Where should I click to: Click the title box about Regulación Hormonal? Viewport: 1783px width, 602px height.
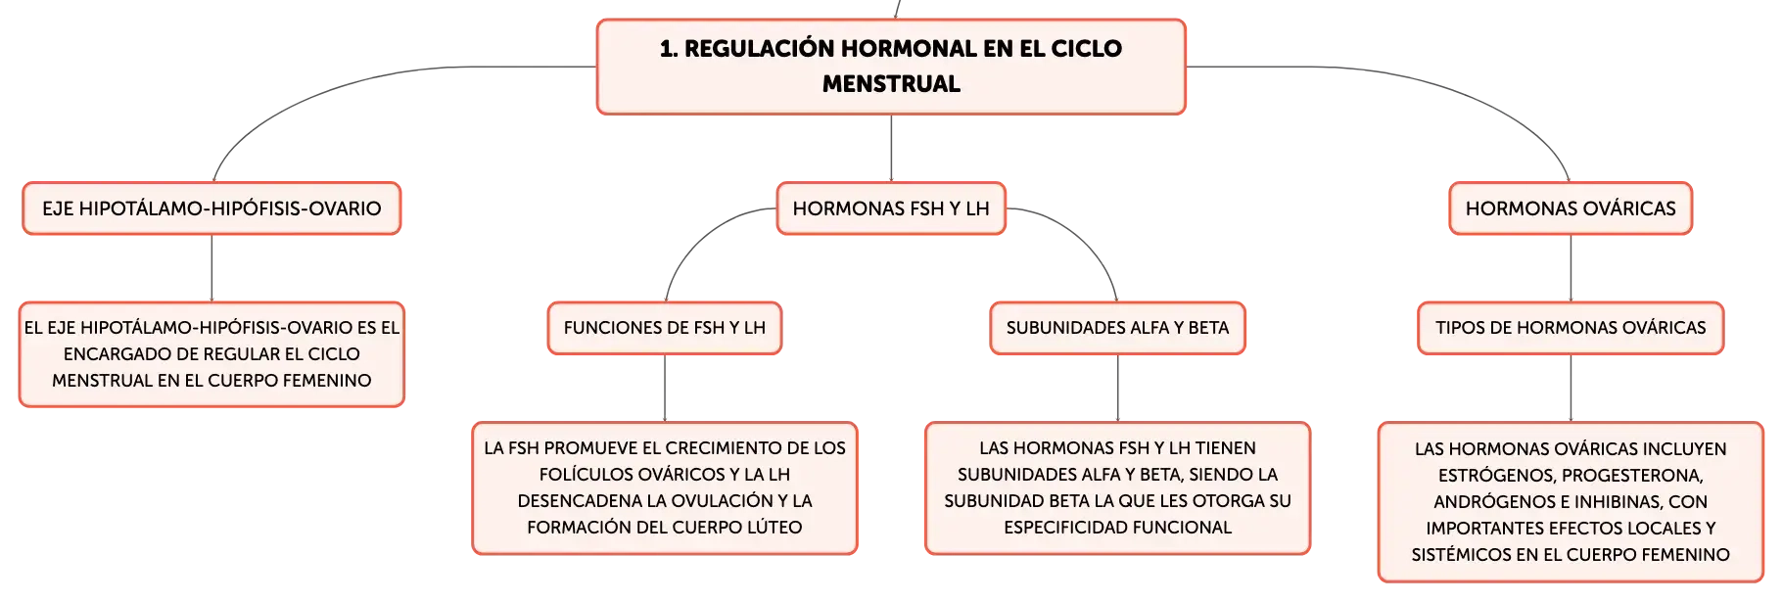tap(891, 66)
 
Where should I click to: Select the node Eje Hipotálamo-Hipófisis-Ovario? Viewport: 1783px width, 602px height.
tap(211, 208)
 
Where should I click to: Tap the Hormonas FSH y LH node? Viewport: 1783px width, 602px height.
tap(891, 208)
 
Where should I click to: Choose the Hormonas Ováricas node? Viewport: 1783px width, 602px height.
tap(1571, 208)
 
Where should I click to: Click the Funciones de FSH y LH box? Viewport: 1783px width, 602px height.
tap(665, 327)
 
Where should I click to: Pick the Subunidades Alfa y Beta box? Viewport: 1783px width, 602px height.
tap(1117, 327)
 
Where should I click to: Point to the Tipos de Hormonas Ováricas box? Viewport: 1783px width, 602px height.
tap(1571, 327)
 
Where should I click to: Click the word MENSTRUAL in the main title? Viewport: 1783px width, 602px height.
tap(891, 84)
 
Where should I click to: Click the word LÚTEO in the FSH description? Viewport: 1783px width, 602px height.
tap(775, 528)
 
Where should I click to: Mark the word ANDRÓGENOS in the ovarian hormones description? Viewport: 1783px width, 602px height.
tap(1490, 502)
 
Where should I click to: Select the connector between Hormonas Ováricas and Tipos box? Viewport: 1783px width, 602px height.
tap(1571, 267)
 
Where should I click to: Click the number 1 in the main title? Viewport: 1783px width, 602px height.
tap(666, 49)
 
